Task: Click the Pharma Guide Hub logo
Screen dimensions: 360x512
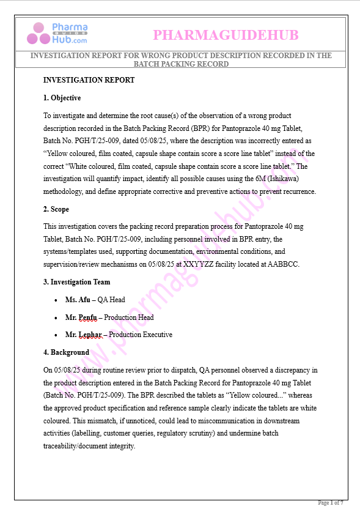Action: click(x=57, y=34)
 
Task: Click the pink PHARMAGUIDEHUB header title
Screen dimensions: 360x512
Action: click(x=226, y=35)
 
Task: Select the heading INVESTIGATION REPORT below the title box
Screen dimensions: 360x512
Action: click(x=89, y=80)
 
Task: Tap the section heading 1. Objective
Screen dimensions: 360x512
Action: click(x=62, y=98)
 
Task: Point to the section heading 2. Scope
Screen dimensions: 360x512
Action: click(x=56, y=209)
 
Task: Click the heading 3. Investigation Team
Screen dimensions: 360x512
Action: click(x=76, y=282)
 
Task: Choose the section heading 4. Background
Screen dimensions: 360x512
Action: click(x=66, y=352)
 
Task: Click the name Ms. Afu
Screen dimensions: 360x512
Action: click(x=78, y=300)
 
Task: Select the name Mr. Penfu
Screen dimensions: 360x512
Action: click(x=81, y=317)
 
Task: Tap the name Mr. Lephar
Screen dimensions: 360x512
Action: click(x=83, y=335)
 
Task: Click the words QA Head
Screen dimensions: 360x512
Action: click(x=111, y=300)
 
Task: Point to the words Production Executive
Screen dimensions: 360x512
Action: click(x=141, y=335)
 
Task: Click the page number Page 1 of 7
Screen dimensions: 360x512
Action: click(x=331, y=503)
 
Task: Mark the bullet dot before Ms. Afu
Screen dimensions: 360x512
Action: click(x=56, y=300)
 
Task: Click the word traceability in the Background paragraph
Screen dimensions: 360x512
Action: click(x=66, y=447)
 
